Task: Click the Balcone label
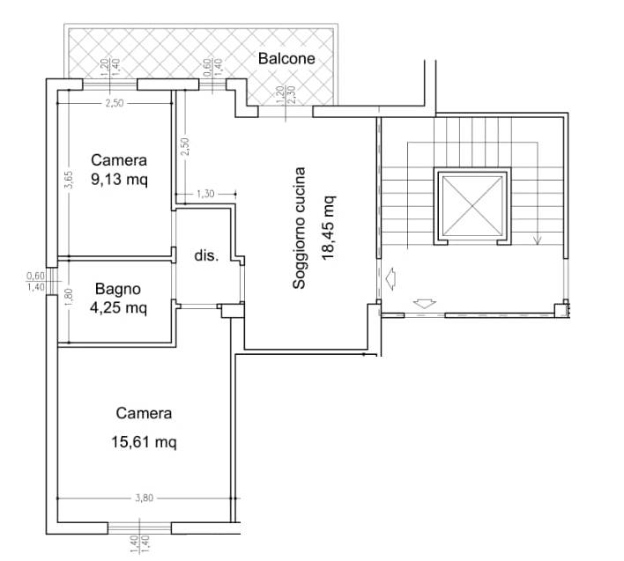[286, 58]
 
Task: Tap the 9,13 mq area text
[119, 180]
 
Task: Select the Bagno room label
[118, 290]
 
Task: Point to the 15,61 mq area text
[144, 442]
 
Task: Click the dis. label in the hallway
[206, 255]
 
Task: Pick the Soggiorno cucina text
[299, 227]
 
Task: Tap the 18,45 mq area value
[329, 227]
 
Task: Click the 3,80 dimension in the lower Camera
[144, 498]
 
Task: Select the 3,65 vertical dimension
[69, 180]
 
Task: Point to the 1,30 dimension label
[205, 194]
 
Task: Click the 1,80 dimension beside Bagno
[69, 297]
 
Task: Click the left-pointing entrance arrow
[390, 278]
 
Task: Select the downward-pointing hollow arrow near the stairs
[425, 304]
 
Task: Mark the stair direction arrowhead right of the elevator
[538, 240]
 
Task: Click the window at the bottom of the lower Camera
[139, 528]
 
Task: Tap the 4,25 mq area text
[118, 307]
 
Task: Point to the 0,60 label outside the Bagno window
[35, 275]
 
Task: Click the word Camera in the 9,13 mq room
[119, 160]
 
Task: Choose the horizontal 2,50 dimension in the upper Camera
[115, 103]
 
